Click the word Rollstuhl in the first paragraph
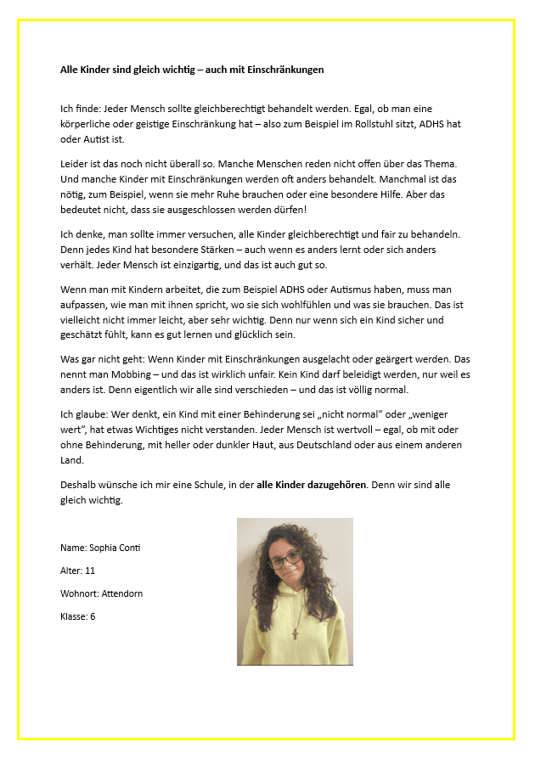[372, 124]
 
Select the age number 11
[90, 571]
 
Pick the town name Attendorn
[119, 593]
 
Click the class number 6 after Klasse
[93, 616]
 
